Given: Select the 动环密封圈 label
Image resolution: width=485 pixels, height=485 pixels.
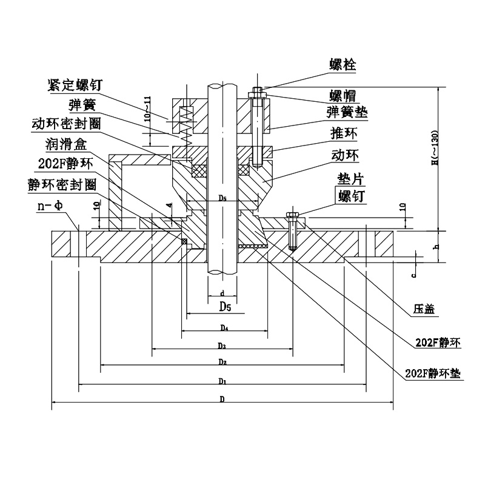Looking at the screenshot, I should (65, 124).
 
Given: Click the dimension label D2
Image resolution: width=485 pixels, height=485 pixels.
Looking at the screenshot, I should (223, 361).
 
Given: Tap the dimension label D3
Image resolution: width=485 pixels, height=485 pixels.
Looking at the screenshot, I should (223, 346).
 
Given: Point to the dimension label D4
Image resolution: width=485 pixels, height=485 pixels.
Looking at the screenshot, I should (224, 328).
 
